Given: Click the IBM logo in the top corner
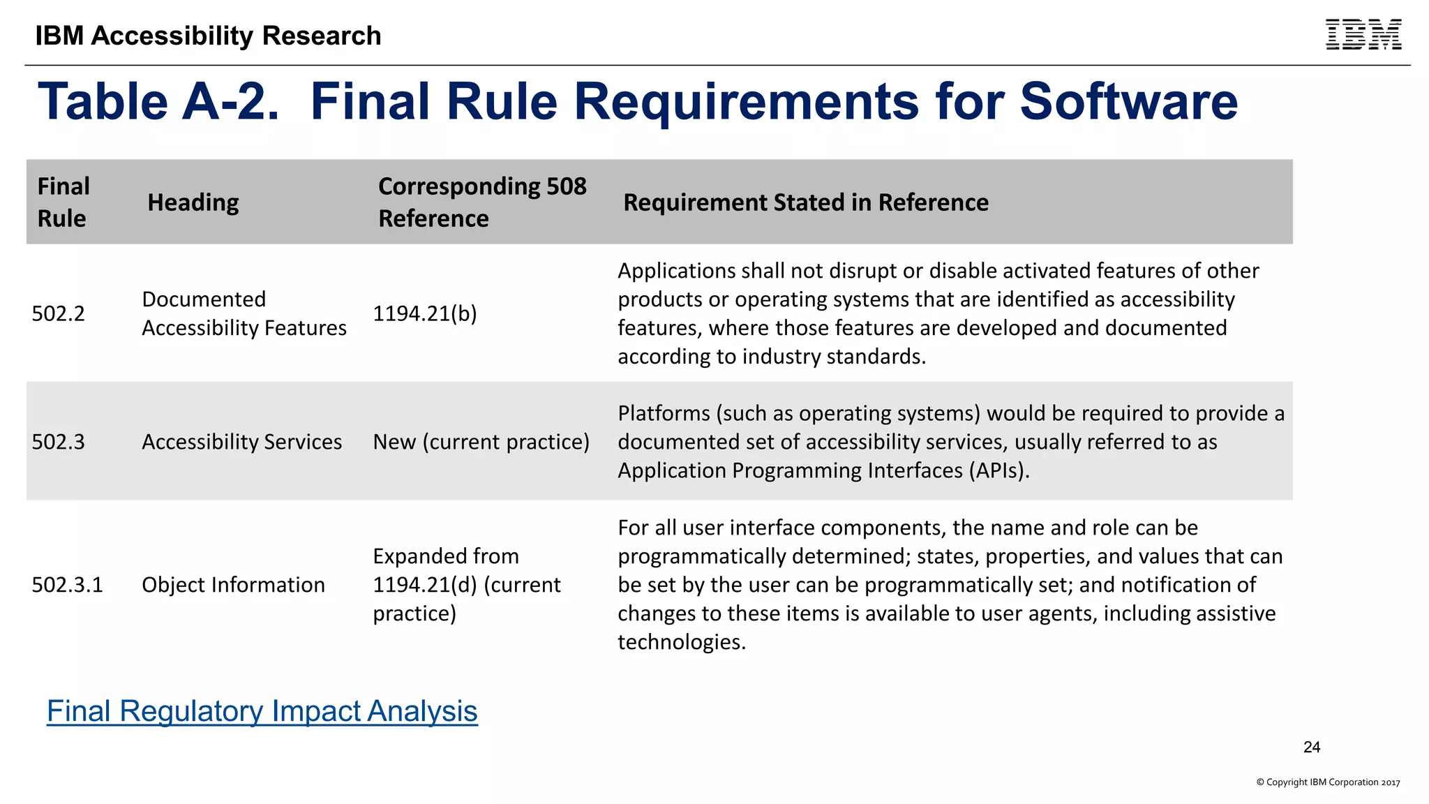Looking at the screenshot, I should pos(1363,35).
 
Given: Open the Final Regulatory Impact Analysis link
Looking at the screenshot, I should pos(262,711).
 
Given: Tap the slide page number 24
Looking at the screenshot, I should pos(1312,747).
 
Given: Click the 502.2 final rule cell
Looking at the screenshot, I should pos(59,313).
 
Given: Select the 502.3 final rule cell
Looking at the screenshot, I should pos(59,442).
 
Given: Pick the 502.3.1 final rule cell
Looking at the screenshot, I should pos(68,585).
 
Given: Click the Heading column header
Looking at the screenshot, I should pos(193,202).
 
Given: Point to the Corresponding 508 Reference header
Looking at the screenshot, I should pos(482,202).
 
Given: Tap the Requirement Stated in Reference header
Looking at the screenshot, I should pos(806,202).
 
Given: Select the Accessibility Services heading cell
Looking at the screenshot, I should pos(242,442).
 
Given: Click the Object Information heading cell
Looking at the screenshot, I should pos(234,585).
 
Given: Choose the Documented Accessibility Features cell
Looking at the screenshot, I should pos(244,313).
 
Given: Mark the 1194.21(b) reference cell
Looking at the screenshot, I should pos(425,313).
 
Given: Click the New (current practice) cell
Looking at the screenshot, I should pos(481,442).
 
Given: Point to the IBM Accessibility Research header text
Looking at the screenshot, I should pos(209,36).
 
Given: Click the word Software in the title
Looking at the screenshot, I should pos(1128,102).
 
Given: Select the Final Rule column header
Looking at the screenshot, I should pos(63,202).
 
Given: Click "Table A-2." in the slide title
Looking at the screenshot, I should pos(158,102).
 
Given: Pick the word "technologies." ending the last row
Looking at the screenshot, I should pos(682,642).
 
